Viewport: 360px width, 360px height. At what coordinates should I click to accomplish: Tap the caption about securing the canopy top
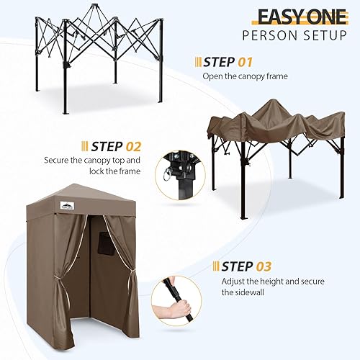(x=91, y=166)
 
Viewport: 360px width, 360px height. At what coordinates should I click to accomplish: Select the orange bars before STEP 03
(x=216, y=266)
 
